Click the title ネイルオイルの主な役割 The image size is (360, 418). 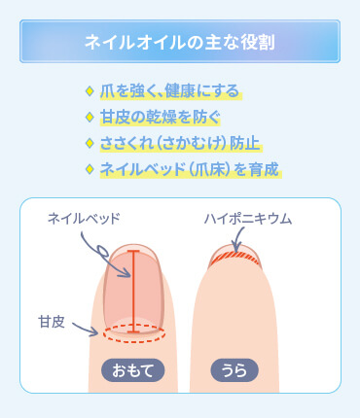pyautogui.click(x=179, y=43)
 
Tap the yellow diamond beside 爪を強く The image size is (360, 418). pyautogui.click(x=90, y=92)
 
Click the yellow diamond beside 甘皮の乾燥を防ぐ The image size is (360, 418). pyautogui.click(x=90, y=118)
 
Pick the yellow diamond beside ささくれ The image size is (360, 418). pyautogui.click(x=90, y=143)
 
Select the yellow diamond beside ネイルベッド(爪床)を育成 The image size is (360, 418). pyautogui.click(x=90, y=168)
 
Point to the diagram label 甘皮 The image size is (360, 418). pyautogui.click(x=52, y=320)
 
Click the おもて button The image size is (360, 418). pyautogui.click(x=133, y=369)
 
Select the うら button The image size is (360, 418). pyautogui.click(x=232, y=369)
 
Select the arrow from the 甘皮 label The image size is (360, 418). pyautogui.click(x=86, y=331)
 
